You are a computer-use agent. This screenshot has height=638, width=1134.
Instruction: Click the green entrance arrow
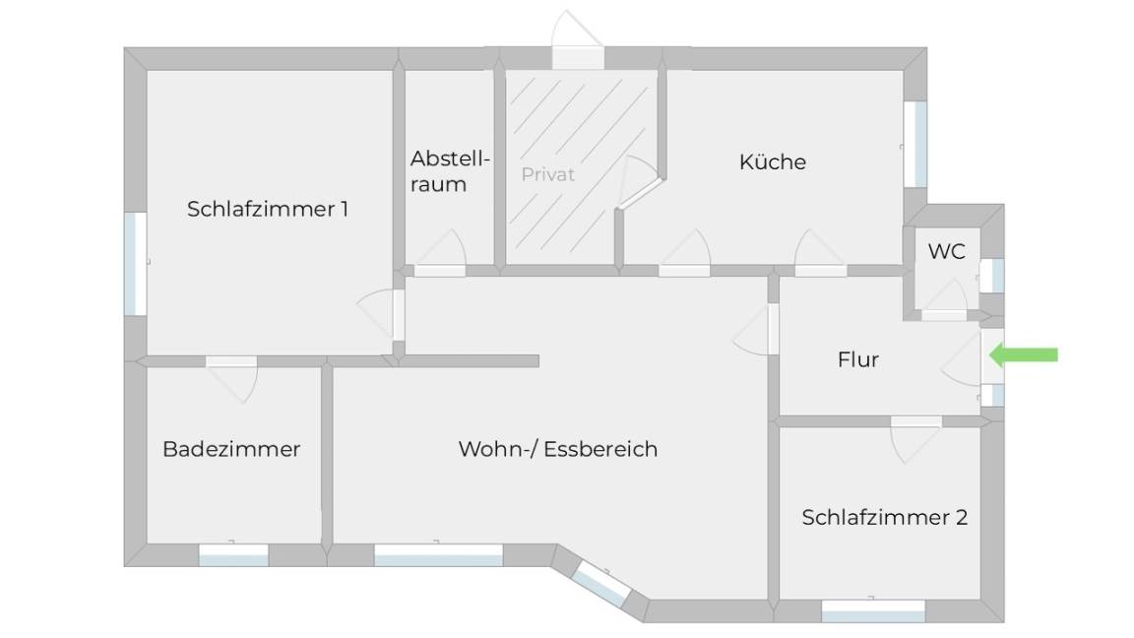pyautogui.click(x=1024, y=354)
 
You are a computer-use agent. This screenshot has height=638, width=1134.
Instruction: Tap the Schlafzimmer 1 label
pyautogui.click(x=268, y=209)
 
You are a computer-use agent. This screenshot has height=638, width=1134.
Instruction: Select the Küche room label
pyautogui.click(x=773, y=161)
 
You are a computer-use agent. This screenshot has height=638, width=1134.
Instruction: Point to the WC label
pyautogui.click(x=947, y=251)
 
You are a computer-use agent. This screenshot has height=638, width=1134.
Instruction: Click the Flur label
pyautogui.click(x=858, y=359)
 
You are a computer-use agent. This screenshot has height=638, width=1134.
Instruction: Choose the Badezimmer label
pyautogui.click(x=231, y=449)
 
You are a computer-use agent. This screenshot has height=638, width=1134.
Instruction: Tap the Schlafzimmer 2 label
pyautogui.click(x=885, y=517)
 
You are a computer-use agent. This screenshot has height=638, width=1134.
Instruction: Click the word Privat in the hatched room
pyautogui.click(x=548, y=174)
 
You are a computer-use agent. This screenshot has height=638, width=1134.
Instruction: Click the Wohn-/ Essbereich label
pyautogui.click(x=558, y=449)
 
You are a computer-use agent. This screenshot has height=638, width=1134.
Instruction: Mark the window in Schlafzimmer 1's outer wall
pyautogui.click(x=135, y=263)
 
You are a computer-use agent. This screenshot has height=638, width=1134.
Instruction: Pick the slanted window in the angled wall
pyautogui.click(x=600, y=583)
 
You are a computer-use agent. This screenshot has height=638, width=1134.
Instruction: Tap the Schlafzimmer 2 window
pyautogui.click(x=873, y=610)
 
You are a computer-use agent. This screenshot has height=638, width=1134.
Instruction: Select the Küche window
pyautogui.click(x=915, y=144)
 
